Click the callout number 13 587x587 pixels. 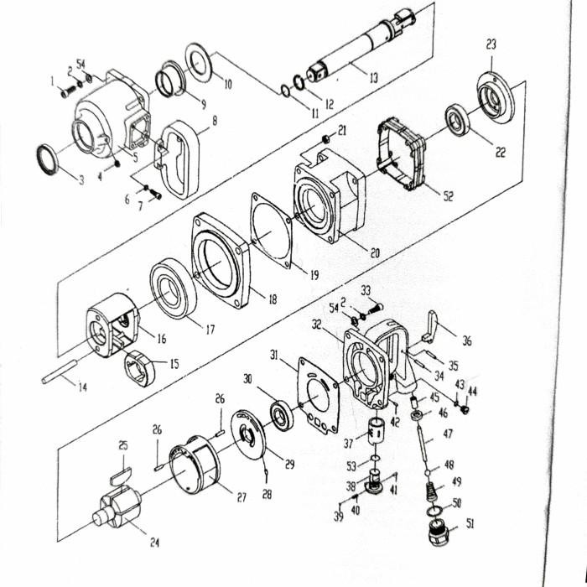click(x=372, y=78)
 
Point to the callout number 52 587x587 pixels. click(x=448, y=196)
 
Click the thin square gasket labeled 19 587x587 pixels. click(x=272, y=228)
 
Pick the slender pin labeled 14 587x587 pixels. click(x=65, y=371)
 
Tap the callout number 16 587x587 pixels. click(x=160, y=339)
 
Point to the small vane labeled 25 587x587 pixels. click(x=122, y=476)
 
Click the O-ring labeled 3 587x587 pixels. click(x=49, y=158)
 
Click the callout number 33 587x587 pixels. click(x=366, y=290)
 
